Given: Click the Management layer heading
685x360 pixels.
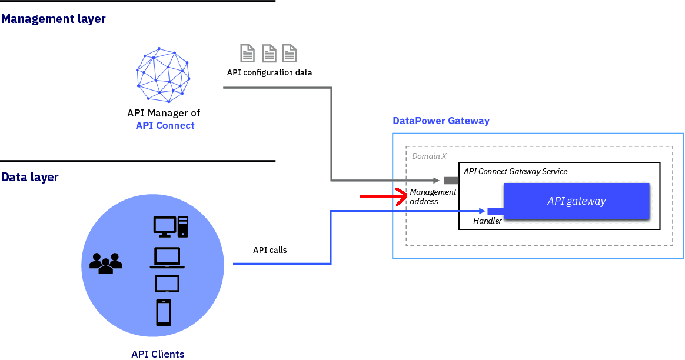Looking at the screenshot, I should click(54, 19).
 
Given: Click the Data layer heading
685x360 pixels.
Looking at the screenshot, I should click(30, 177).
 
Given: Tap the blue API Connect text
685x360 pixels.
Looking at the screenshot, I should click(165, 125).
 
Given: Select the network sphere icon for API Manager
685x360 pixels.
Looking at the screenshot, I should click(163, 75).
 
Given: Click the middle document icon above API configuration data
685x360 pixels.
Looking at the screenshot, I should click(269, 54).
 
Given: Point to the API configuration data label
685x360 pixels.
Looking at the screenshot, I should click(270, 73).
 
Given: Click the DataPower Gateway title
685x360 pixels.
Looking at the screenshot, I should click(441, 121).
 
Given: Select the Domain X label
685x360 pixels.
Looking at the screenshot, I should click(429, 156).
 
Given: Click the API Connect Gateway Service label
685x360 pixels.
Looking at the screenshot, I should click(516, 171).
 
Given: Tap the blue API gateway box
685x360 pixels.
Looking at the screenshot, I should click(576, 201).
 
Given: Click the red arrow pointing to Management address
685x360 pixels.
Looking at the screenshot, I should click(383, 196).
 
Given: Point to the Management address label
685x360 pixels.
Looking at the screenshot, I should click(433, 196).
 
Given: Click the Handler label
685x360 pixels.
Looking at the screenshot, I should click(487, 221).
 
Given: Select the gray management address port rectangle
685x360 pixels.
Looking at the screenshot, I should click(451, 180).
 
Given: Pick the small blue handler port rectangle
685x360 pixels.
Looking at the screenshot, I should click(494, 211).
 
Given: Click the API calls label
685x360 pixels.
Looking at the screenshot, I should click(270, 250).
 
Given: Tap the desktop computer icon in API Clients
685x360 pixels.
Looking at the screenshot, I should click(171, 226).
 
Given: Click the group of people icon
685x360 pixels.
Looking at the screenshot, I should click(105, 263).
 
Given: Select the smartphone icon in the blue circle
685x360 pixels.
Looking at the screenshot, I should click(164, 312).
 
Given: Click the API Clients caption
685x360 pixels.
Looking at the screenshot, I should click(158, 354).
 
